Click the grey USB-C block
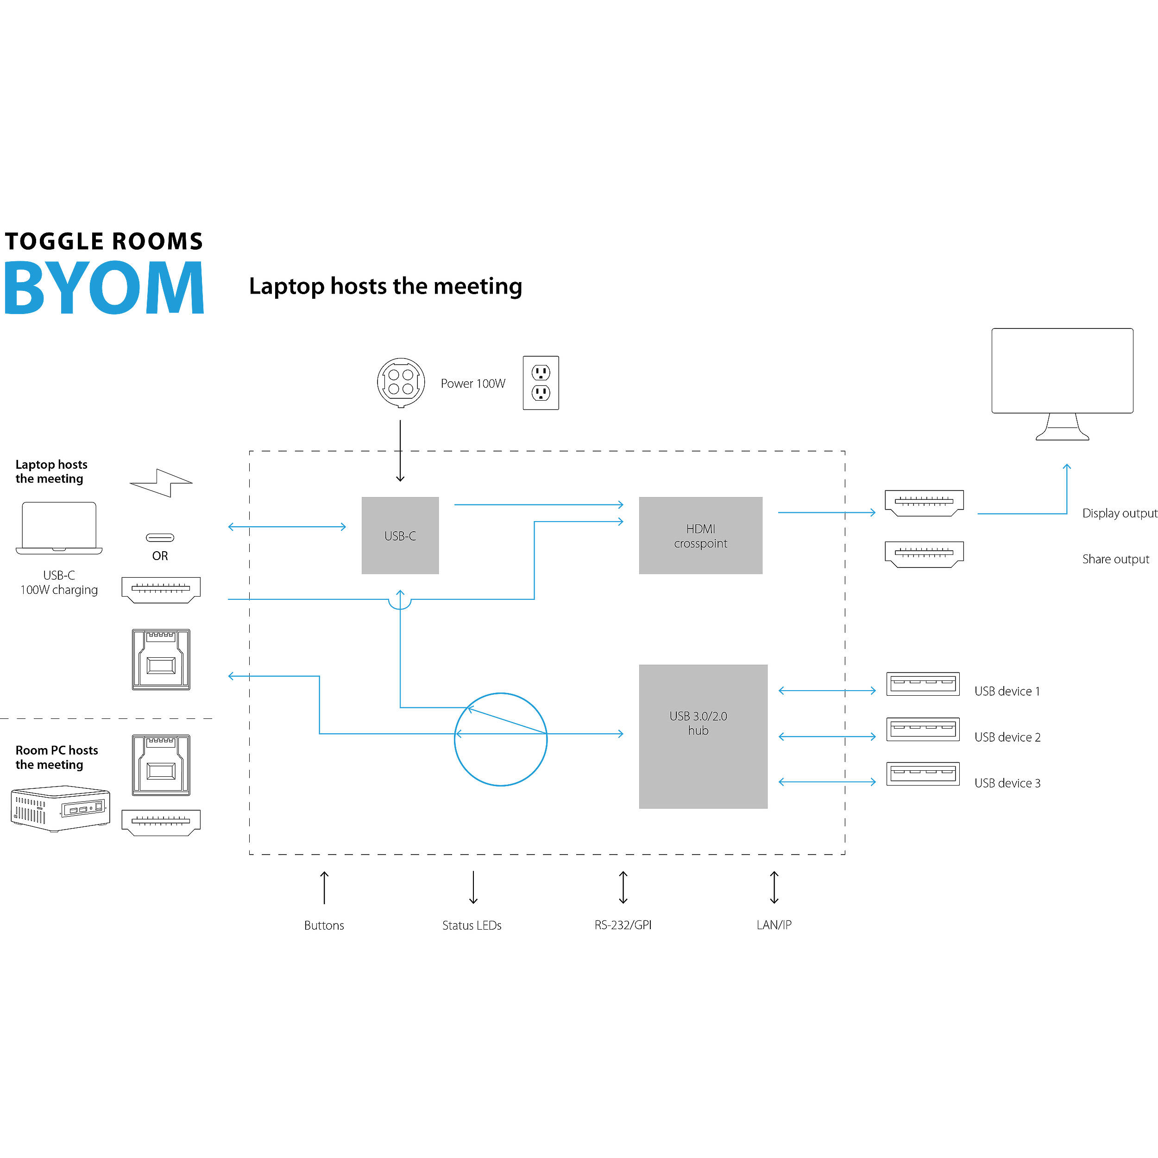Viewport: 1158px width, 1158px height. point(400,535)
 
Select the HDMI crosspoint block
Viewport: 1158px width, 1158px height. point(700,535)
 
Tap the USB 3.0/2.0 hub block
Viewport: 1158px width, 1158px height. point(703,736)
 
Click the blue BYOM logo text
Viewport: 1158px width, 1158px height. point(104,288)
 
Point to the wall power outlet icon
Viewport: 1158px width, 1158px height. point(541,383)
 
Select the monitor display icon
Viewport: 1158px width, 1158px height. point(1062,384)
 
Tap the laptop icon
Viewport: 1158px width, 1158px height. point(59,528)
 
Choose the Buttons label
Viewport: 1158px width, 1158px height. point(324,925)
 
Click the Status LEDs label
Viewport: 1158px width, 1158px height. point(472,925)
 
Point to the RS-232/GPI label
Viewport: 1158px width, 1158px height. point(623,925)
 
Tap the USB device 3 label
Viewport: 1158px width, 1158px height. point(1007,783)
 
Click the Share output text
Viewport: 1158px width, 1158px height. point(1115,559)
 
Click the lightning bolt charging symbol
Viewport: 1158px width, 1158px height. point(161,483)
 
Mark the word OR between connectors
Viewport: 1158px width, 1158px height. point(160,556)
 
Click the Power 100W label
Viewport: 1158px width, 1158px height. point(473,384)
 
